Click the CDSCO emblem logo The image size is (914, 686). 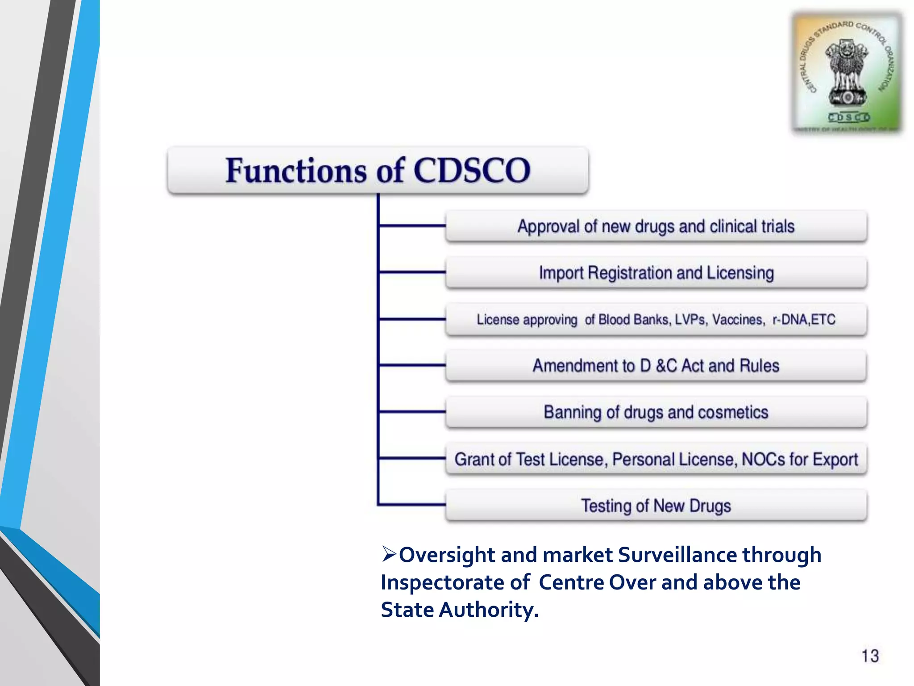tap(847, 74)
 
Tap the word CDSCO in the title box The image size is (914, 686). tap(472, 171)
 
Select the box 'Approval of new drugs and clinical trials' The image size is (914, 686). tap(656, 226)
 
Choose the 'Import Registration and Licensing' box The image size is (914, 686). tap(656, 273)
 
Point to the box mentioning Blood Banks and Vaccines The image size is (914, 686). tap(656, 320)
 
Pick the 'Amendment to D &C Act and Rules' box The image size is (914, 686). tap(656, 366)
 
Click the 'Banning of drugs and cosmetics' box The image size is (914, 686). tap(656, 412)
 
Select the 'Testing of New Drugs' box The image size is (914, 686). tap(656, 506)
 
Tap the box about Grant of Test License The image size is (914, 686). tap(656, 459)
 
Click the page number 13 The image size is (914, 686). tap(870, 656)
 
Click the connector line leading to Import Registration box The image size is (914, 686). tap(411, 272)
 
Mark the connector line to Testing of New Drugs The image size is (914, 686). tap(411, 505)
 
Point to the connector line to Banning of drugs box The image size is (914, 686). tap(411, 411)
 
